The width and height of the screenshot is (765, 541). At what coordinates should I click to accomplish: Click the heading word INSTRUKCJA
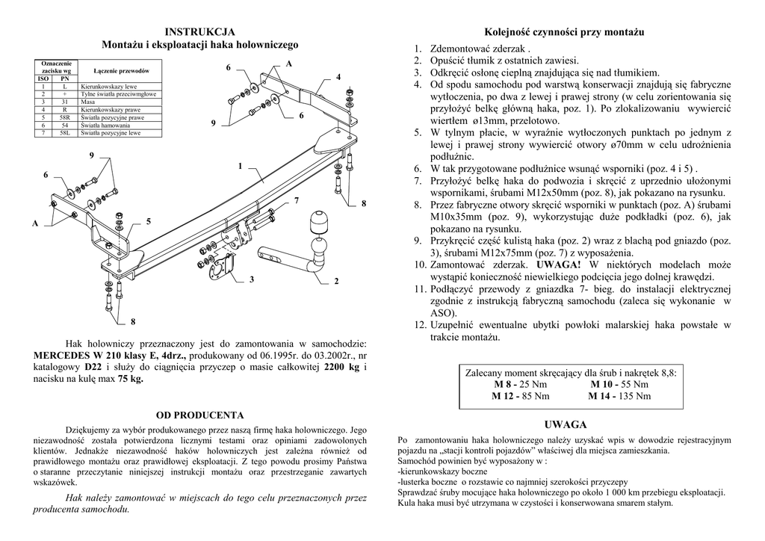point(199,31)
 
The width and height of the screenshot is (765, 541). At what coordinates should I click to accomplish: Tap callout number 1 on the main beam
point(240,166)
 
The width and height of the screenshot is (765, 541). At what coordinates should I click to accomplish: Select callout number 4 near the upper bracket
point(338,78)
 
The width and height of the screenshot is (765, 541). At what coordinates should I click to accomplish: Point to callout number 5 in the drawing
point(149,222)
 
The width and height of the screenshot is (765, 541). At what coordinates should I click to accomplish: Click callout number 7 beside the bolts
point(297,201)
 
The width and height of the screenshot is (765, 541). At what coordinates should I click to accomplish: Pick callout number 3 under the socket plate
point(253,279)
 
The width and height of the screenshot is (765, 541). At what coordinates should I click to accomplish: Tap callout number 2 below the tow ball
point(336,281)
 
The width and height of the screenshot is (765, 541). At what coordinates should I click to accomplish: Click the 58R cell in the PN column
point(64,118)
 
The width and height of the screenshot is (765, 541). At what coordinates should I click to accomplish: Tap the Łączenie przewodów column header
point(121,70)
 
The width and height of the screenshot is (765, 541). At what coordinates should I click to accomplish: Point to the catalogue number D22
point(93,367)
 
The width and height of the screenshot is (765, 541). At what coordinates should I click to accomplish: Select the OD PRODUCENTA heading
point(199,415)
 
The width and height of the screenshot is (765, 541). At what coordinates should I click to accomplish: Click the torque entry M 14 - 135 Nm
point(619,396)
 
